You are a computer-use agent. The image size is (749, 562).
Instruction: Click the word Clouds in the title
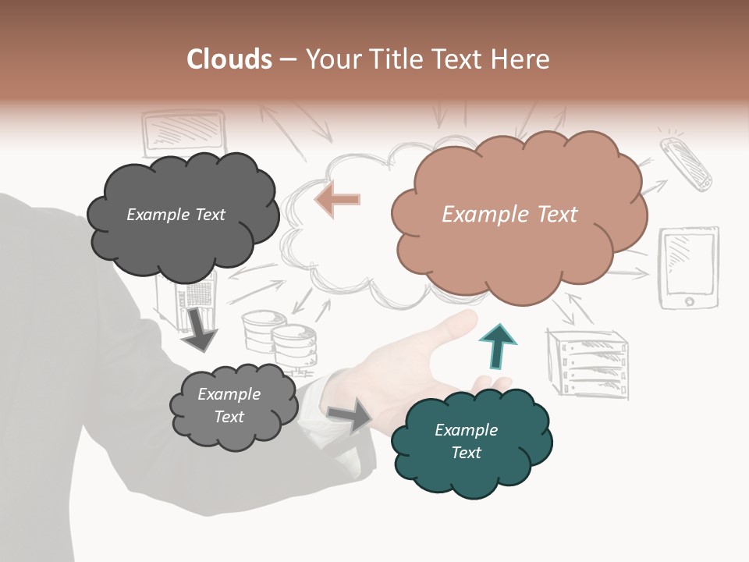(x=229, y=59)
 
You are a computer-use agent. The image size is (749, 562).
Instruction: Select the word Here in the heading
(x=520, y=59)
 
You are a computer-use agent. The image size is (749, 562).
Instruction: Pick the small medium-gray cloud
(x=234, y=407)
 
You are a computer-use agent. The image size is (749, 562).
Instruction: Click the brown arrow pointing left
(x=337, y=200)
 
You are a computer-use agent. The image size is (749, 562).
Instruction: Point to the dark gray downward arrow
(x=199, y=330)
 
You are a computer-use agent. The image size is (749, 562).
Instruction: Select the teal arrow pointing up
(x=499, y=346)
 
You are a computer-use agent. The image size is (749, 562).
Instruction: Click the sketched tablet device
(x=688, y=268)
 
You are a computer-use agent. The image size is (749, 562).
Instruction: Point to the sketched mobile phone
(x=686, y=164)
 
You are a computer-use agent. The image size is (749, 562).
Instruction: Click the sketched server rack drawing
(x=587, y=363)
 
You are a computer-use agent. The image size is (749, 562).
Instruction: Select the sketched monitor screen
(x=184, y=132)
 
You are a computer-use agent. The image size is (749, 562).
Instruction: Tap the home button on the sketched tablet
(x=689, y=301)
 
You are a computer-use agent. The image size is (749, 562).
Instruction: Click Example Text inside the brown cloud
(x=509, y=215)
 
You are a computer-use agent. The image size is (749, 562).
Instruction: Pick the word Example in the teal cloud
(x=467, y=430)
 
